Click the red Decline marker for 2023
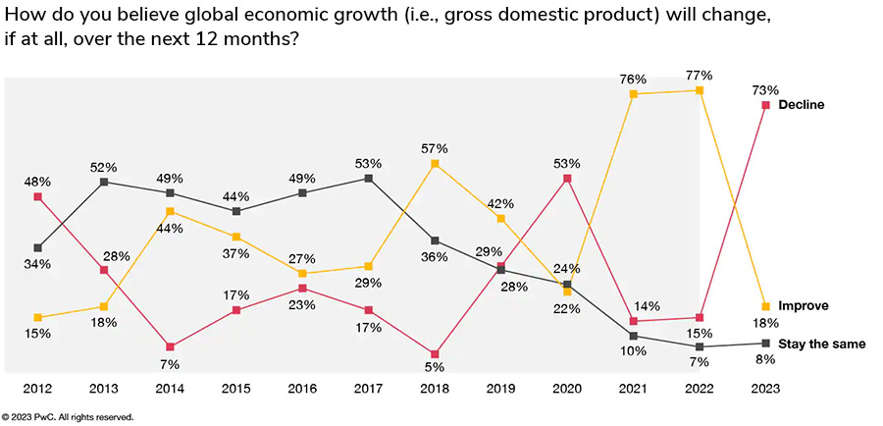[766, 104]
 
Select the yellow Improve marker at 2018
[435, 164]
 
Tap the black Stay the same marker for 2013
[103, 182]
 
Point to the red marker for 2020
[568, 179]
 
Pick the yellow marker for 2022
[700, 90]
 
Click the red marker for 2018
[435, 353]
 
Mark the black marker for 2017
[368, 179]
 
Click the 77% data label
[700, 75]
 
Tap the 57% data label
[435, 148]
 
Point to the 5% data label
[435, 368]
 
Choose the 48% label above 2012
[37, 182]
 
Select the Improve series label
[803, 306]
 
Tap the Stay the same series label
[822, 344]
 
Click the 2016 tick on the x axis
[302, 390]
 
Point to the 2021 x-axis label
[634, 390]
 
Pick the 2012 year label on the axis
[37, 390]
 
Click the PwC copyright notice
[68, 417]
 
